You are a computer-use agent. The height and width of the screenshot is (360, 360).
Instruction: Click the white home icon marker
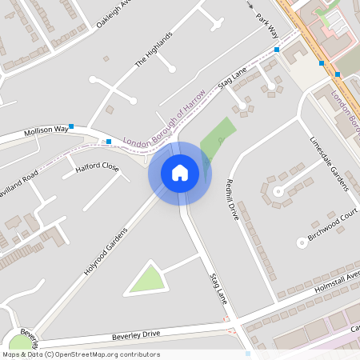pyautogui.click(x=180, y=173)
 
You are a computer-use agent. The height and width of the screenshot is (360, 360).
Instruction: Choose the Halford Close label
pyautogui.click(x=97, y=168)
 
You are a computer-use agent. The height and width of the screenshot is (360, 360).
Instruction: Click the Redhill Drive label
pyautogui.click(x=234, y=201)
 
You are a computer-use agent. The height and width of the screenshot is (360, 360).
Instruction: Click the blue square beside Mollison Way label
pyautogui.click(x=71, y=126)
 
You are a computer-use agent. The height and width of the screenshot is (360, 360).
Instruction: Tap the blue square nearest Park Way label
pyautogui.click(x=277, y=50)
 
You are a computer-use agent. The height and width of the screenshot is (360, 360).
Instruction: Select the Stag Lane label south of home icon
pyautogui.click(x=218, y=289)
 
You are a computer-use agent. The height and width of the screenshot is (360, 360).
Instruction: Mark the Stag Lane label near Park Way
pyautogui.click(x=230, y=80)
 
